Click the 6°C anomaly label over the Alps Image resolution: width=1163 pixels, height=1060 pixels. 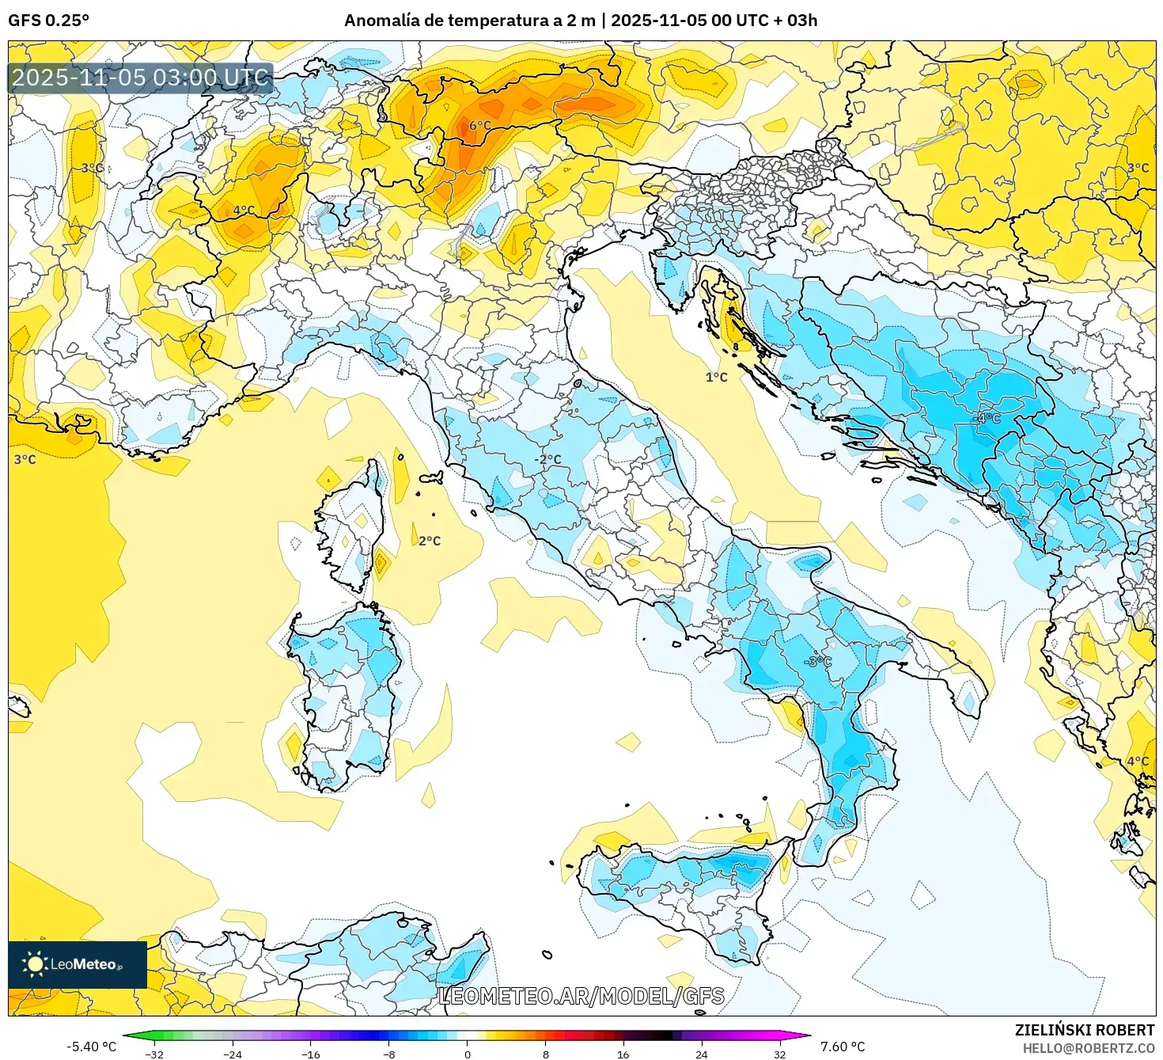[x=479, y=126]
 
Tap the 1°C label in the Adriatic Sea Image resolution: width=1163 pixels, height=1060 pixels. [x=716, y=378]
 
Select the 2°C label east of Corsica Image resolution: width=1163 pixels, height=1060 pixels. [x=430, y=541]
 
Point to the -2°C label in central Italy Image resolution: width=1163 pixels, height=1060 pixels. [x=547, y=460]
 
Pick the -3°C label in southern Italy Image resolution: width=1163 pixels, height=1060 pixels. [x=818, y=661]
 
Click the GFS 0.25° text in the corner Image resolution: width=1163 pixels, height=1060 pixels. [x=48, y=21]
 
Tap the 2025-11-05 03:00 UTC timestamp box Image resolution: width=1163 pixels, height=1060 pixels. [x=140, y=78]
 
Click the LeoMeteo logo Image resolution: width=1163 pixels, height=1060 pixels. [x=77, y=964]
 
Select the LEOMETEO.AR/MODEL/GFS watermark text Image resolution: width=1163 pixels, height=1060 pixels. [x=581, y=996]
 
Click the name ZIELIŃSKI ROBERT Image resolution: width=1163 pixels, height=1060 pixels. [x=1084, y=1030]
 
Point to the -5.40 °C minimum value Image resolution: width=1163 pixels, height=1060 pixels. [x=91, y=1047]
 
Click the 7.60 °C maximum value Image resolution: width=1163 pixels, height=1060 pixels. [x=843, y=1047]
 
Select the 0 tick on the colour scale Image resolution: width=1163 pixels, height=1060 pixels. [x=467, y=1054]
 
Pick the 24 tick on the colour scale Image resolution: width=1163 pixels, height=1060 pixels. [x=701, y=1054]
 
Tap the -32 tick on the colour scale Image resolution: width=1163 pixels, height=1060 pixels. [x=154, y=1054]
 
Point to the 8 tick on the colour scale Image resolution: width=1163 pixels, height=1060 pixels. [x=545, y=1054]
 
